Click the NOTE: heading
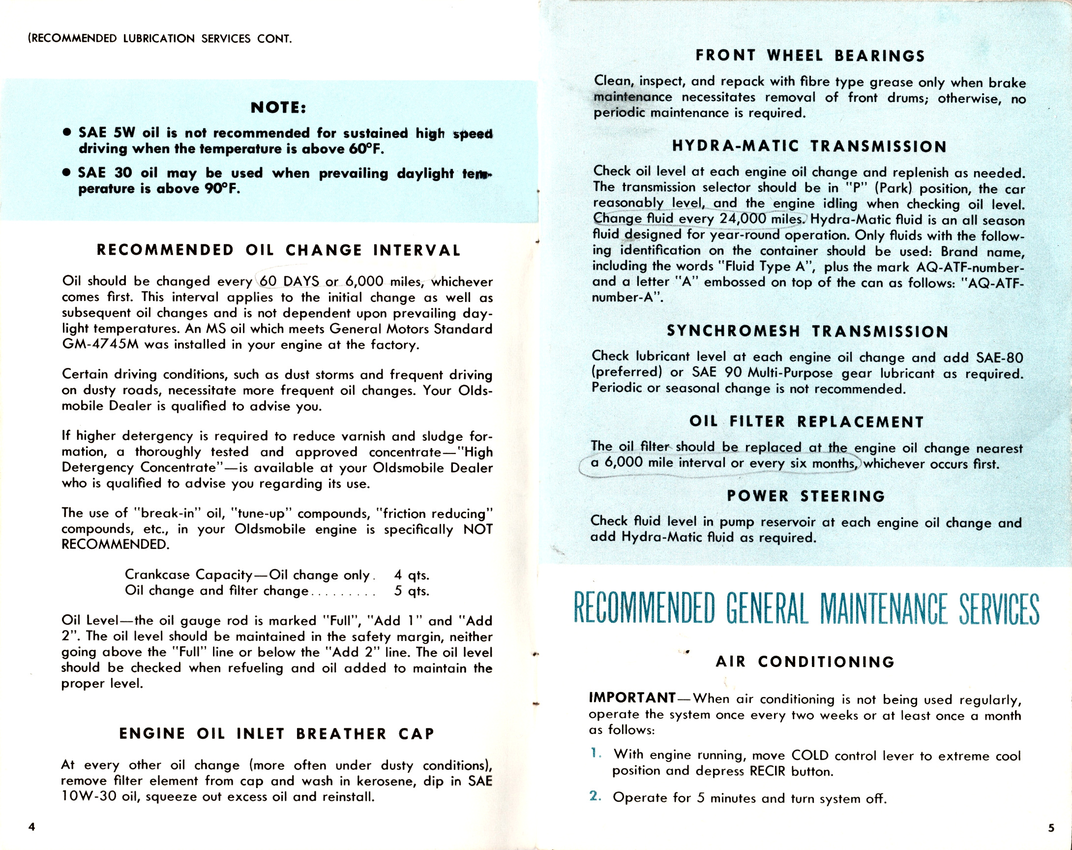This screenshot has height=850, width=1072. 278,107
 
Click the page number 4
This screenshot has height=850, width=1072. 32,826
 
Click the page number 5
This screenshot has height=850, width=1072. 1051,828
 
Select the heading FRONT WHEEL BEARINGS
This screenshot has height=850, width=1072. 810,56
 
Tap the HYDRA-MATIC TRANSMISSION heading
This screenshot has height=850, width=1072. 809,147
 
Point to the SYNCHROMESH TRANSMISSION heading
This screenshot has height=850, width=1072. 807,331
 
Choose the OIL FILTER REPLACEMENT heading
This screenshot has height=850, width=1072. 806,422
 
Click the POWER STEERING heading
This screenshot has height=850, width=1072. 806,496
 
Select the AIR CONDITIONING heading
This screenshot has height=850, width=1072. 805,662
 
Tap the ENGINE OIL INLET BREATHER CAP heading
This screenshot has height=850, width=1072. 277,733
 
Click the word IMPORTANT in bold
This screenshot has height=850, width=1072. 632,698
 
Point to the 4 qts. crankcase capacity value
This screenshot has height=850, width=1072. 411,575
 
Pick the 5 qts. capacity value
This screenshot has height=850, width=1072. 411,591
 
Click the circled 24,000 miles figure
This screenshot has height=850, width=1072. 761,219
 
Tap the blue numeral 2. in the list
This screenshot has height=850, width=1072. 596,796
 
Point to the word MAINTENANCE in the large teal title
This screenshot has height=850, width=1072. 884,609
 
